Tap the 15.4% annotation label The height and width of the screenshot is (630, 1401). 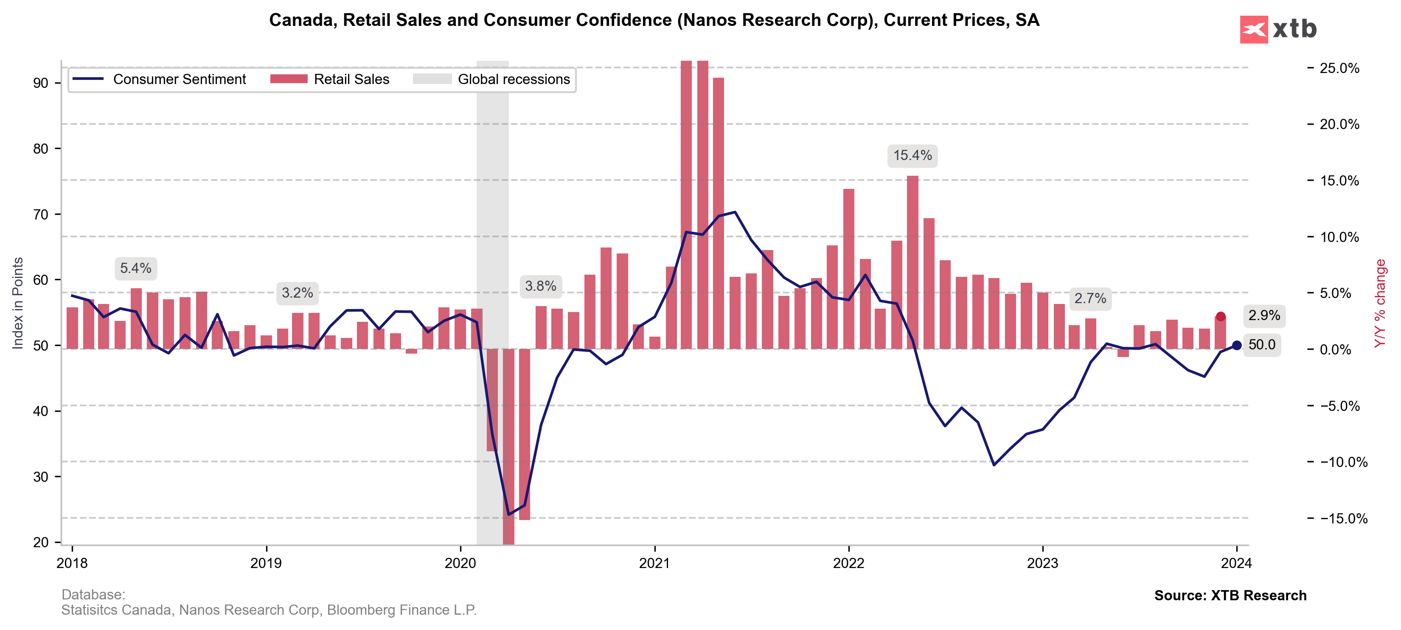[x=912, y=156]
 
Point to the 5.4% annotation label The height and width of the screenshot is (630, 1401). [x=135, y=268]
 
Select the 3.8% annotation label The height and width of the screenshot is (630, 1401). [x=540, y=286]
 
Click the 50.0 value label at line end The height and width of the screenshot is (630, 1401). [x=1262, y=344]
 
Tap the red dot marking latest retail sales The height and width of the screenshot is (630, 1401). [x=1221, y=317]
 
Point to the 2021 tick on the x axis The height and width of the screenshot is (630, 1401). [x=654, y=563]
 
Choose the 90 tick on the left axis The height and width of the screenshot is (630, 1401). [x=41, y=83]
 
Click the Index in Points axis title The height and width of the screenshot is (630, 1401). [x=17, y=303]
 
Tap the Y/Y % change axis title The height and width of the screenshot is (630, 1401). [x=1380, y=303]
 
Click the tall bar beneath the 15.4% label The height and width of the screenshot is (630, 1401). [x=912, y=262]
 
